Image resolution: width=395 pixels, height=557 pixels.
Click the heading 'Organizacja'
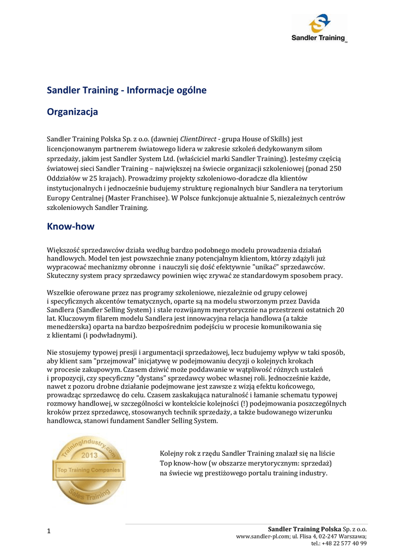pos(72,112)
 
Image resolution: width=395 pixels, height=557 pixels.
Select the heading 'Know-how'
pos(71,226)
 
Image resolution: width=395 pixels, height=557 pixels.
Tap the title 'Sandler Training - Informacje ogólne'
pos(127,90)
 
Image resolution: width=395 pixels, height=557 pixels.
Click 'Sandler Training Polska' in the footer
pos(305,529)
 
